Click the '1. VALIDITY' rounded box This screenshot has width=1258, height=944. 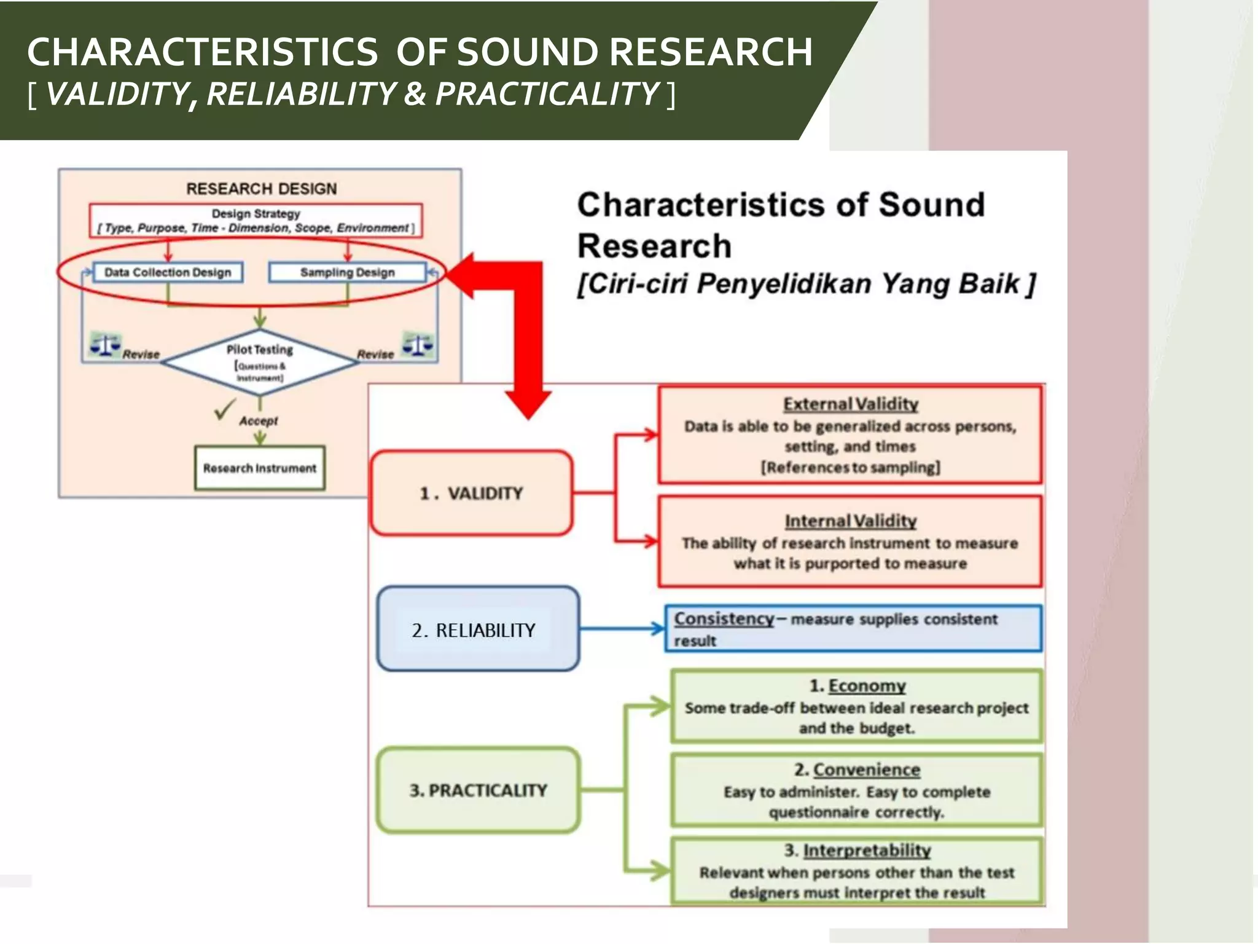click(x=472, y=493)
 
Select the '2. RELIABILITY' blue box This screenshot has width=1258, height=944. click(x=478, y=629)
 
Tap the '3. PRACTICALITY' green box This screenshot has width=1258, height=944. click(x=478, y=790)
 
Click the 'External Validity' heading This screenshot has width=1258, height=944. click(x=850, y=404)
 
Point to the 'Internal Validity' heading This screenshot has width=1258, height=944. click(x=850, y=521)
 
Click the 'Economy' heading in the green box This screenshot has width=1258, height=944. click(x=867, y=686)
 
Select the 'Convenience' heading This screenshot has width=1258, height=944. click(x=866, y=769)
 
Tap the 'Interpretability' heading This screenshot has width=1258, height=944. click(x=866, y=851)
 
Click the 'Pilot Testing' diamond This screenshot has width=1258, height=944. click(x=260, y=361)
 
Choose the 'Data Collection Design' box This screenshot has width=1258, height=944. click(x=168, y=272)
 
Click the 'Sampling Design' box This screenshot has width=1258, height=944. click(x=347, y=272)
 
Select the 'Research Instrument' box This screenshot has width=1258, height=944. click(x=259, y=468)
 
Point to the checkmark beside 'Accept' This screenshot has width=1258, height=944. click(x=225, y=409)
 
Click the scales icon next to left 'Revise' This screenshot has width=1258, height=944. click(x=105, y=345)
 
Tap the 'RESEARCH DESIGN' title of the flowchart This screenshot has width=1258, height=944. click(x=261, y=189)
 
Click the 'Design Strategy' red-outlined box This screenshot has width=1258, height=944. click(x=256, y=221)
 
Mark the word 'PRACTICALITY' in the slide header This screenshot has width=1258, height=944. click(x=547, y=94)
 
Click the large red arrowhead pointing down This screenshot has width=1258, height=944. click(x=528, y=404)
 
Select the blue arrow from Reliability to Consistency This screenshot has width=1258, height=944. click(x=620, y=629)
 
